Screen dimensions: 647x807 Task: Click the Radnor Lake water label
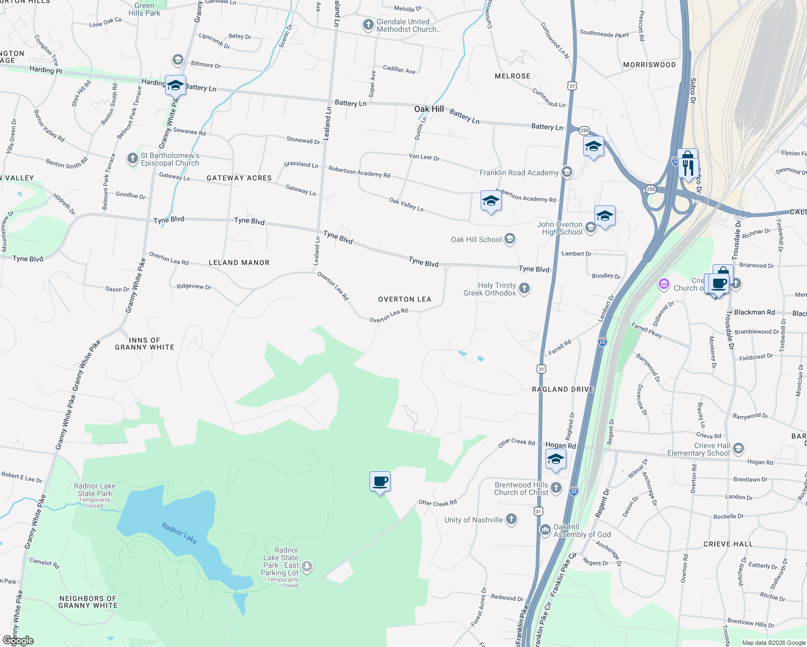[x=179, y=533]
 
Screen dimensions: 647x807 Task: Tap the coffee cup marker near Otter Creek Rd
[x=380, y=481]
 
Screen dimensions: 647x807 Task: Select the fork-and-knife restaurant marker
[x=687, y=167]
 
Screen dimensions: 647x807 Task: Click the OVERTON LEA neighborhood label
[x=405, y=299]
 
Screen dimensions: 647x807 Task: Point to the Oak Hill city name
[x=429, y=109]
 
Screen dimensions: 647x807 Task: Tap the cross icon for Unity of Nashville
[x=511, y=519]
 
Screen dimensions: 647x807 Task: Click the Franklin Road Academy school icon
[x=566, y=172]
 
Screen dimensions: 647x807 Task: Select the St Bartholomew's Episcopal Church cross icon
[x=132, y=159]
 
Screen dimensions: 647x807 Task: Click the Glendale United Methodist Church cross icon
[x=368, y=25]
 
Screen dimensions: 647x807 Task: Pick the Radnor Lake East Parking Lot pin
[x=307, y=566]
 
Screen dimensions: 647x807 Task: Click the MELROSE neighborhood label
[x=512, y=76]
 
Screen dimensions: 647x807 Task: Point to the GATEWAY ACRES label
[x=239, y=178]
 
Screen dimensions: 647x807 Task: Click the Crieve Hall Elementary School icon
[x=738, y=448]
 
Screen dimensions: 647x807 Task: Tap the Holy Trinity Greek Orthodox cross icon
[x=524, y=288]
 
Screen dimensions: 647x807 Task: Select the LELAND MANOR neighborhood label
[x=239, y=263]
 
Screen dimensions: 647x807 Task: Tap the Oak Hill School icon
[x=510, y=239]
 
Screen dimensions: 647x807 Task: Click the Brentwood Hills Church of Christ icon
[x=556, y=488]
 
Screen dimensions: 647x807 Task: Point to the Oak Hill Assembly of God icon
[x=545, y=529]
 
